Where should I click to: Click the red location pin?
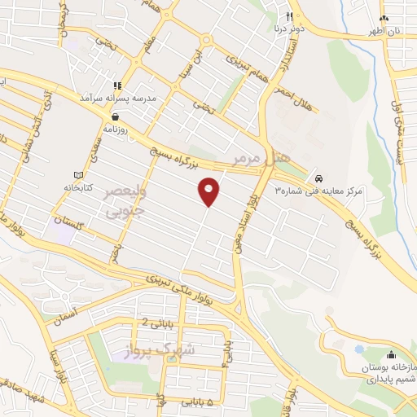(x=209, y=191)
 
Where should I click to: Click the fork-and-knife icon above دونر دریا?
(x=288, y=16)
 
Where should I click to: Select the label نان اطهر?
(x=386, y=31)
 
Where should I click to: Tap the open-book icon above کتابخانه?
(x=79, y=174)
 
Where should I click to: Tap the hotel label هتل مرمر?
(x=250, y=156)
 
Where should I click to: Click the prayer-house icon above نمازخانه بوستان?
(x=391, y=354)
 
